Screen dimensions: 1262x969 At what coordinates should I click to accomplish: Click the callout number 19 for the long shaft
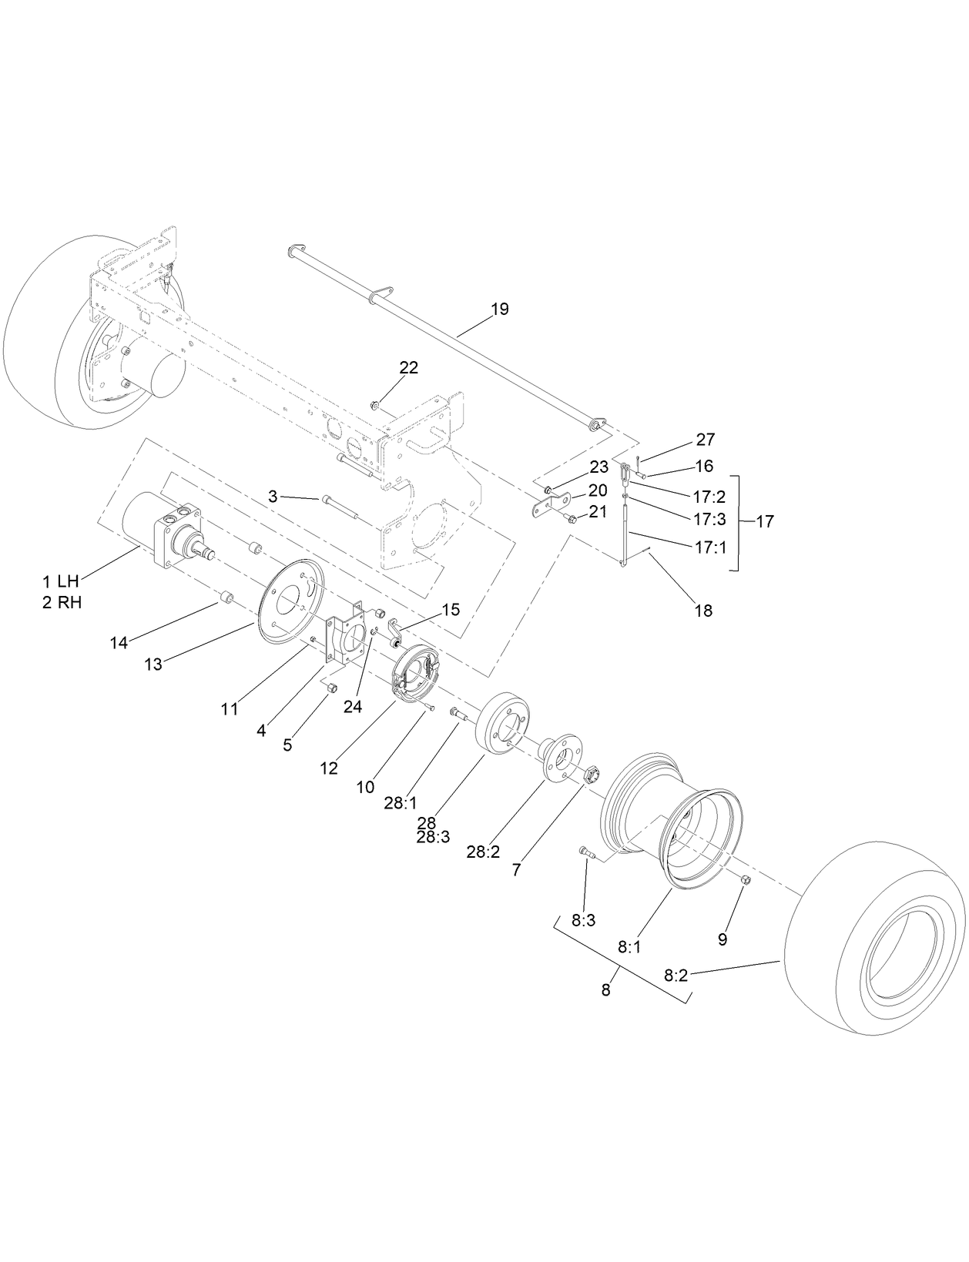tap(499, 310)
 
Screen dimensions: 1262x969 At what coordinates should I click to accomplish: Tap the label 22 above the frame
tap(408, 368)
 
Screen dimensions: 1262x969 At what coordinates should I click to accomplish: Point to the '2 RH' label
tap(62, 603)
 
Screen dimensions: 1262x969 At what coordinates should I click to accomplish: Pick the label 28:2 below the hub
tap(483, 852)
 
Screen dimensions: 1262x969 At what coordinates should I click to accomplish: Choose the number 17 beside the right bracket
tap(764, 522)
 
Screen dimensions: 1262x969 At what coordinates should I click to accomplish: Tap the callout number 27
tap(705, 440)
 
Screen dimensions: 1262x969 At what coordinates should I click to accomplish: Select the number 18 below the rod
tap(702, 611)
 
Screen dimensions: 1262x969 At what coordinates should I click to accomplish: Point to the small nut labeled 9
tap(746, 880)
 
